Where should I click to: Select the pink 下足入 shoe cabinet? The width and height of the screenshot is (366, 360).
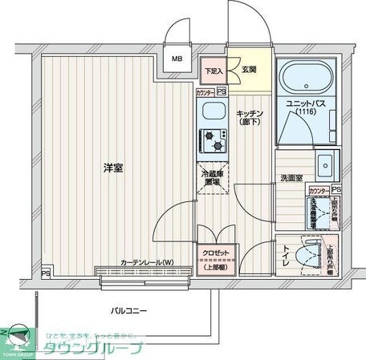[x=212, y=71]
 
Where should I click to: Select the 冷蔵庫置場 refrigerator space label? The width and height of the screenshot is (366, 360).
[x=213, y=176]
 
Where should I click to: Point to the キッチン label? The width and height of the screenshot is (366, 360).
[x=250, y=114]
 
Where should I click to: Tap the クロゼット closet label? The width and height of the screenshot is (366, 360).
[x=214, y=253]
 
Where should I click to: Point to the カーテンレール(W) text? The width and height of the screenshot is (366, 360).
[x=147, y=263]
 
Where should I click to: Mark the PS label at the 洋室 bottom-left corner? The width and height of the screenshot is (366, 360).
[x=45, y=272]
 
